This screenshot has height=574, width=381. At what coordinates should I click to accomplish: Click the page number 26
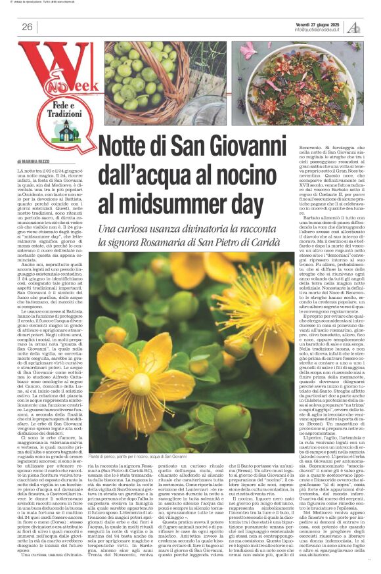tap(27, 26)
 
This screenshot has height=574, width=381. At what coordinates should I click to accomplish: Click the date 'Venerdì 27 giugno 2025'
tap(318, 23)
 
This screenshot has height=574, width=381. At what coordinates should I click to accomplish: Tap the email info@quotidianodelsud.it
tap(318, 30)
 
